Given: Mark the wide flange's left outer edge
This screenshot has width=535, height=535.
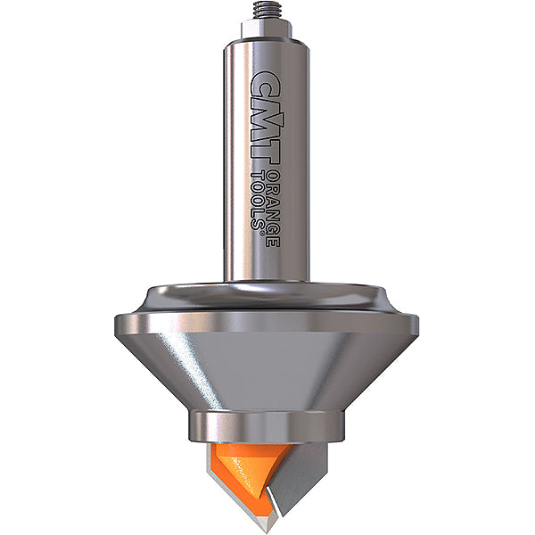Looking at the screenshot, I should [119, 326].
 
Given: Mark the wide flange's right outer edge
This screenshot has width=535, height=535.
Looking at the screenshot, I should [416, 326].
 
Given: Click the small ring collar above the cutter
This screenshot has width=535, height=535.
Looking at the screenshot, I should [267, 425].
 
